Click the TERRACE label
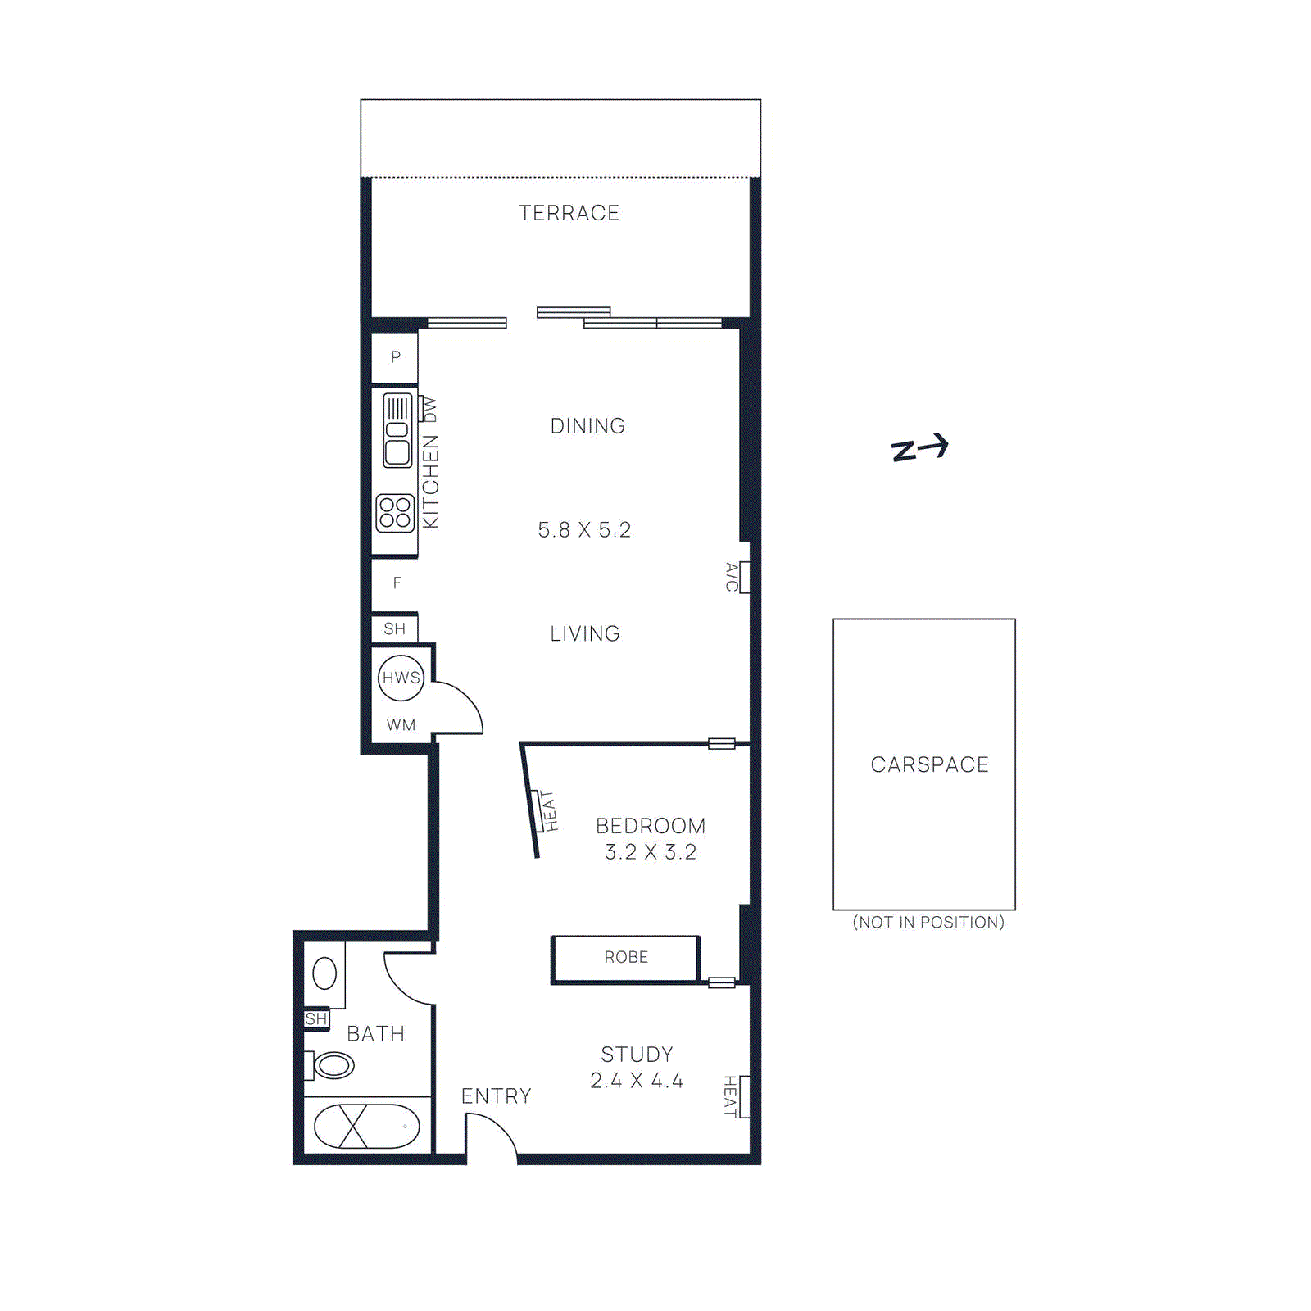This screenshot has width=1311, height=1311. click(569, 213)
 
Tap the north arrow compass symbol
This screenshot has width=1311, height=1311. click(920, 448)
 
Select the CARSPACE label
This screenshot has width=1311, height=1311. click(929, 764)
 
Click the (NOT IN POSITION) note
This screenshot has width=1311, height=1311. click(928, 923)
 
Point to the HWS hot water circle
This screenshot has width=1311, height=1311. click(401, 678)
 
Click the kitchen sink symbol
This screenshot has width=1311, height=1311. click(397, 430)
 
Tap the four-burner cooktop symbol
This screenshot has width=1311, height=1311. click(395, 513)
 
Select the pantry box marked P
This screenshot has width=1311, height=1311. click(395, 357)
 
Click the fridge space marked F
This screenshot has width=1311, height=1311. click(397, 583)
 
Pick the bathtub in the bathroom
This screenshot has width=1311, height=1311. click(366, 1127)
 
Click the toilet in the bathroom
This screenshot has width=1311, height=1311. click(331, 1065)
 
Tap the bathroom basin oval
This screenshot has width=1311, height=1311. click(324, 973)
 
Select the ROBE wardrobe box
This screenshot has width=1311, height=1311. click(626, 958)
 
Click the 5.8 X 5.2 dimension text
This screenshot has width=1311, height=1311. click(584, 530)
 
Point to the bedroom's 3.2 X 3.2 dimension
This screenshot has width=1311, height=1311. click(651, 852)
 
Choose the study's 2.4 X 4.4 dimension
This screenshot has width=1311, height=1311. click(637, 1081)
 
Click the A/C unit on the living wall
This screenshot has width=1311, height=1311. click(742, 577)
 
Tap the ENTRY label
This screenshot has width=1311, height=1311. click(496, 1096)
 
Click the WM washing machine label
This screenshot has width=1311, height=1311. click(401, 725)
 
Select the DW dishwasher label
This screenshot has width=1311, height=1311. click(430, 410)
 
